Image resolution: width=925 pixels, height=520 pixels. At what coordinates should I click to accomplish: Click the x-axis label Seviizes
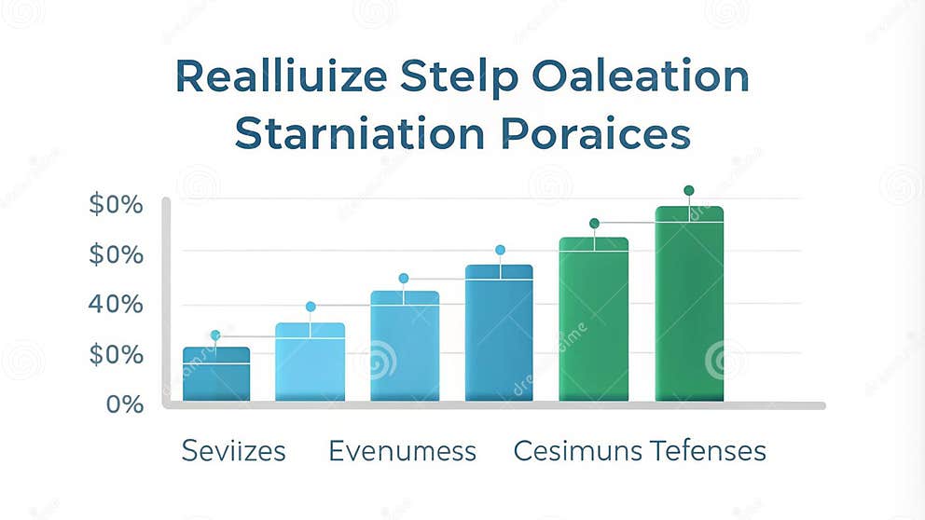coord(234,452)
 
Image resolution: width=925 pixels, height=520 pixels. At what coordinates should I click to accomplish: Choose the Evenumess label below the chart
coord(402,452)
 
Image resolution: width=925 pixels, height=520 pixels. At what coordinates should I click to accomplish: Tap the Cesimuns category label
coord(578,452)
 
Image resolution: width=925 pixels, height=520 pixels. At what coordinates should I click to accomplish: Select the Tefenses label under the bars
coord(708,452)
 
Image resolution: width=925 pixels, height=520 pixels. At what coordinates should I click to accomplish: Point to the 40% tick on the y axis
coord(117,304)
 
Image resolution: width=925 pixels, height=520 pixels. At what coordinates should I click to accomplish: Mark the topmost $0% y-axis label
coord(117,203)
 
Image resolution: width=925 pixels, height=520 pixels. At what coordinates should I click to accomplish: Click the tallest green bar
coord(689,304)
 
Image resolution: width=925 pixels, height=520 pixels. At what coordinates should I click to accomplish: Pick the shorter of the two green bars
coord(594,320)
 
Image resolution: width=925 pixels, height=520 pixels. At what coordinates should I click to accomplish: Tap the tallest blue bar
coord(499,333)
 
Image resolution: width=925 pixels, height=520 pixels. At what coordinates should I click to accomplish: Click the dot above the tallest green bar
coord(689,190)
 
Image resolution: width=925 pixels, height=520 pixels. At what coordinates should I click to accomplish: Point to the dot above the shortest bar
coord(215,335)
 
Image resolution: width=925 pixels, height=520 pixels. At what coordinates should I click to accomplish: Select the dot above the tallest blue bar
coord(500,250)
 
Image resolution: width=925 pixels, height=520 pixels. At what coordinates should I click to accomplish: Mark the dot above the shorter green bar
coord(594,224)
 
